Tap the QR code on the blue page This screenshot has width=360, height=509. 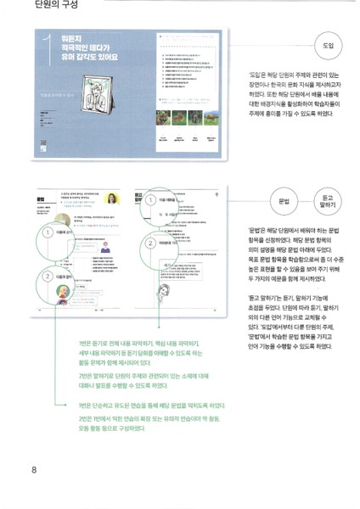point(42,145)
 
